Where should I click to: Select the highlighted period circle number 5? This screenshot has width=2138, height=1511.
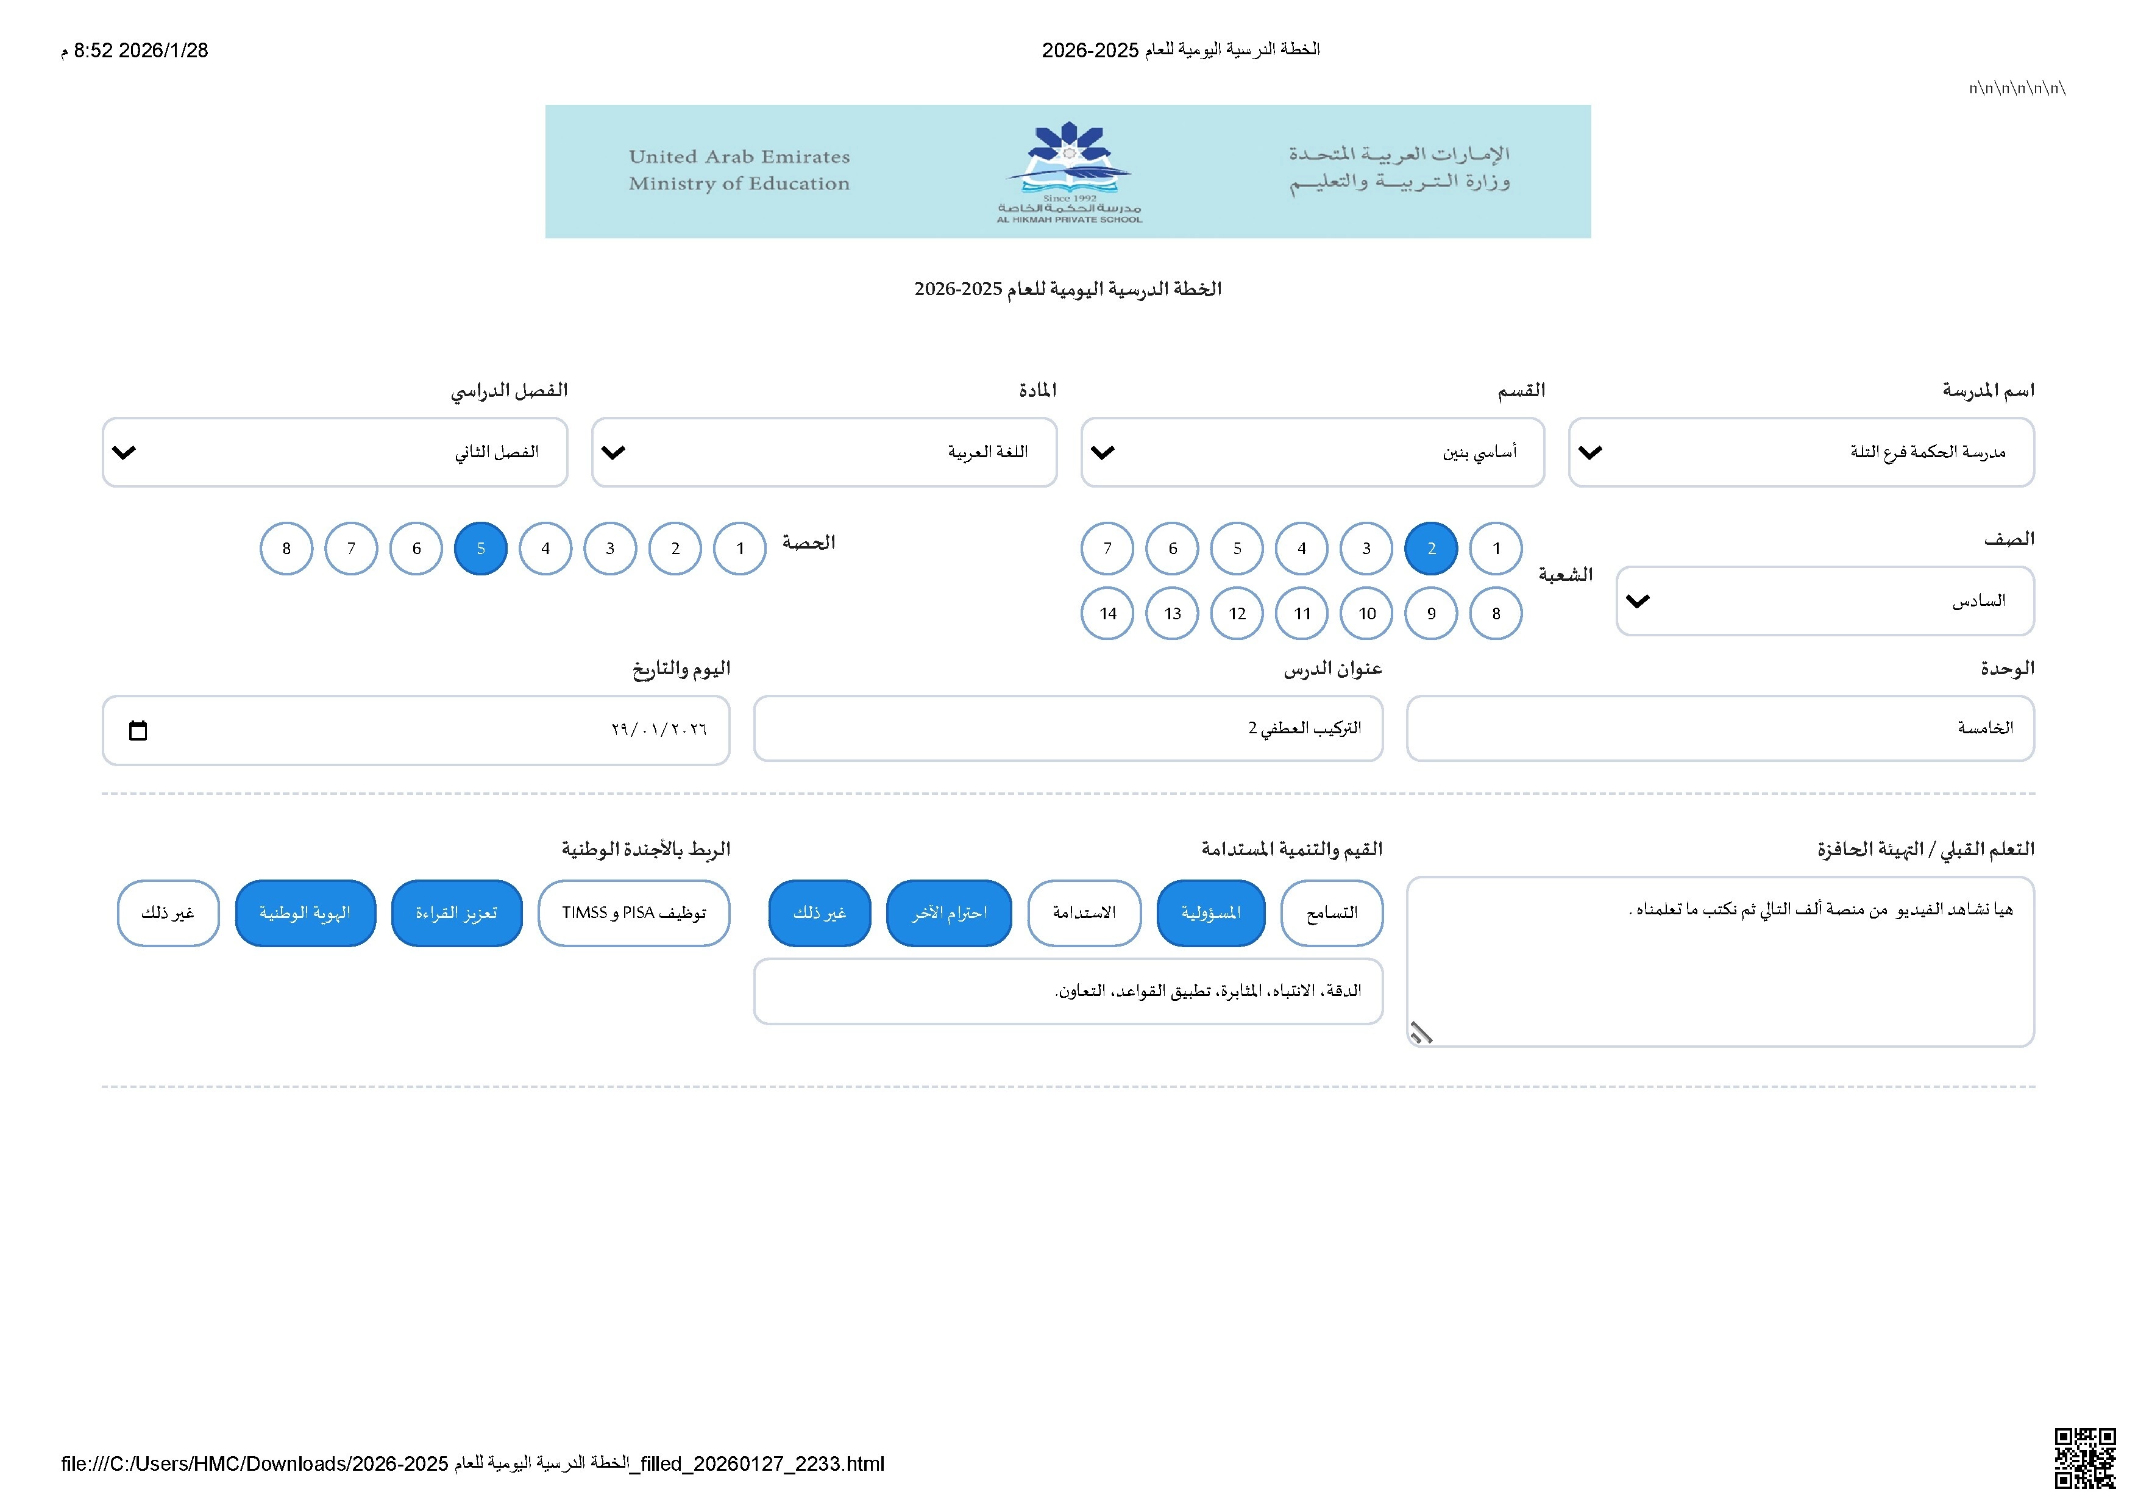[x=480, y=549]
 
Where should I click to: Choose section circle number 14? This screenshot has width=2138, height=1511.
[x=1107, y=614]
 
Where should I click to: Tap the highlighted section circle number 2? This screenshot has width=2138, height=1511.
[x=1431, y=549]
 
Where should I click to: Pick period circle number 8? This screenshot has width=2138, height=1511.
[x=286, y=549]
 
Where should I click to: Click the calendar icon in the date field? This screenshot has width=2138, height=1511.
[x=138, y=731]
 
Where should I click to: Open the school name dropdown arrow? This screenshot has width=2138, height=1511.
[x=1591, y=452]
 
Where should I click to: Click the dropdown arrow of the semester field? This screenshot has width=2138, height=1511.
[x=124, y=452]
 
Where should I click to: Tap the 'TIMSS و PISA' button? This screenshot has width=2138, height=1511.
[x=633, y=913]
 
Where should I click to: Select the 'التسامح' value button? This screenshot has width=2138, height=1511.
[x=1332, y=913]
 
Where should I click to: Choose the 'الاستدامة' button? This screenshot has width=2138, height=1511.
[x=1084, y=913]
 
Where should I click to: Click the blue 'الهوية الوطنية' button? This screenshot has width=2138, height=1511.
[x=305, y=913]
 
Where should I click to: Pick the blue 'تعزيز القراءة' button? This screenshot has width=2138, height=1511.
[x=456, y=913]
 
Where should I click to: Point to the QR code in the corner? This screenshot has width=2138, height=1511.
[x=2085, y=1458]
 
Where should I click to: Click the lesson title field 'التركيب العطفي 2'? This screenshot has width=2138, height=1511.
[x=1068, y=728]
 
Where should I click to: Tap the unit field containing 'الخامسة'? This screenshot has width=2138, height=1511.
[x=1720, y=728]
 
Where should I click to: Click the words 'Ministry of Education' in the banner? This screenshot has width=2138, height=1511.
[x=739, y=183]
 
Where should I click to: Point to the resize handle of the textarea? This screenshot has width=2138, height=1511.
[x=1421, y=1033]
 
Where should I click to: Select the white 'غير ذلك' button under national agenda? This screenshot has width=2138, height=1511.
[x=168, y=913]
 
